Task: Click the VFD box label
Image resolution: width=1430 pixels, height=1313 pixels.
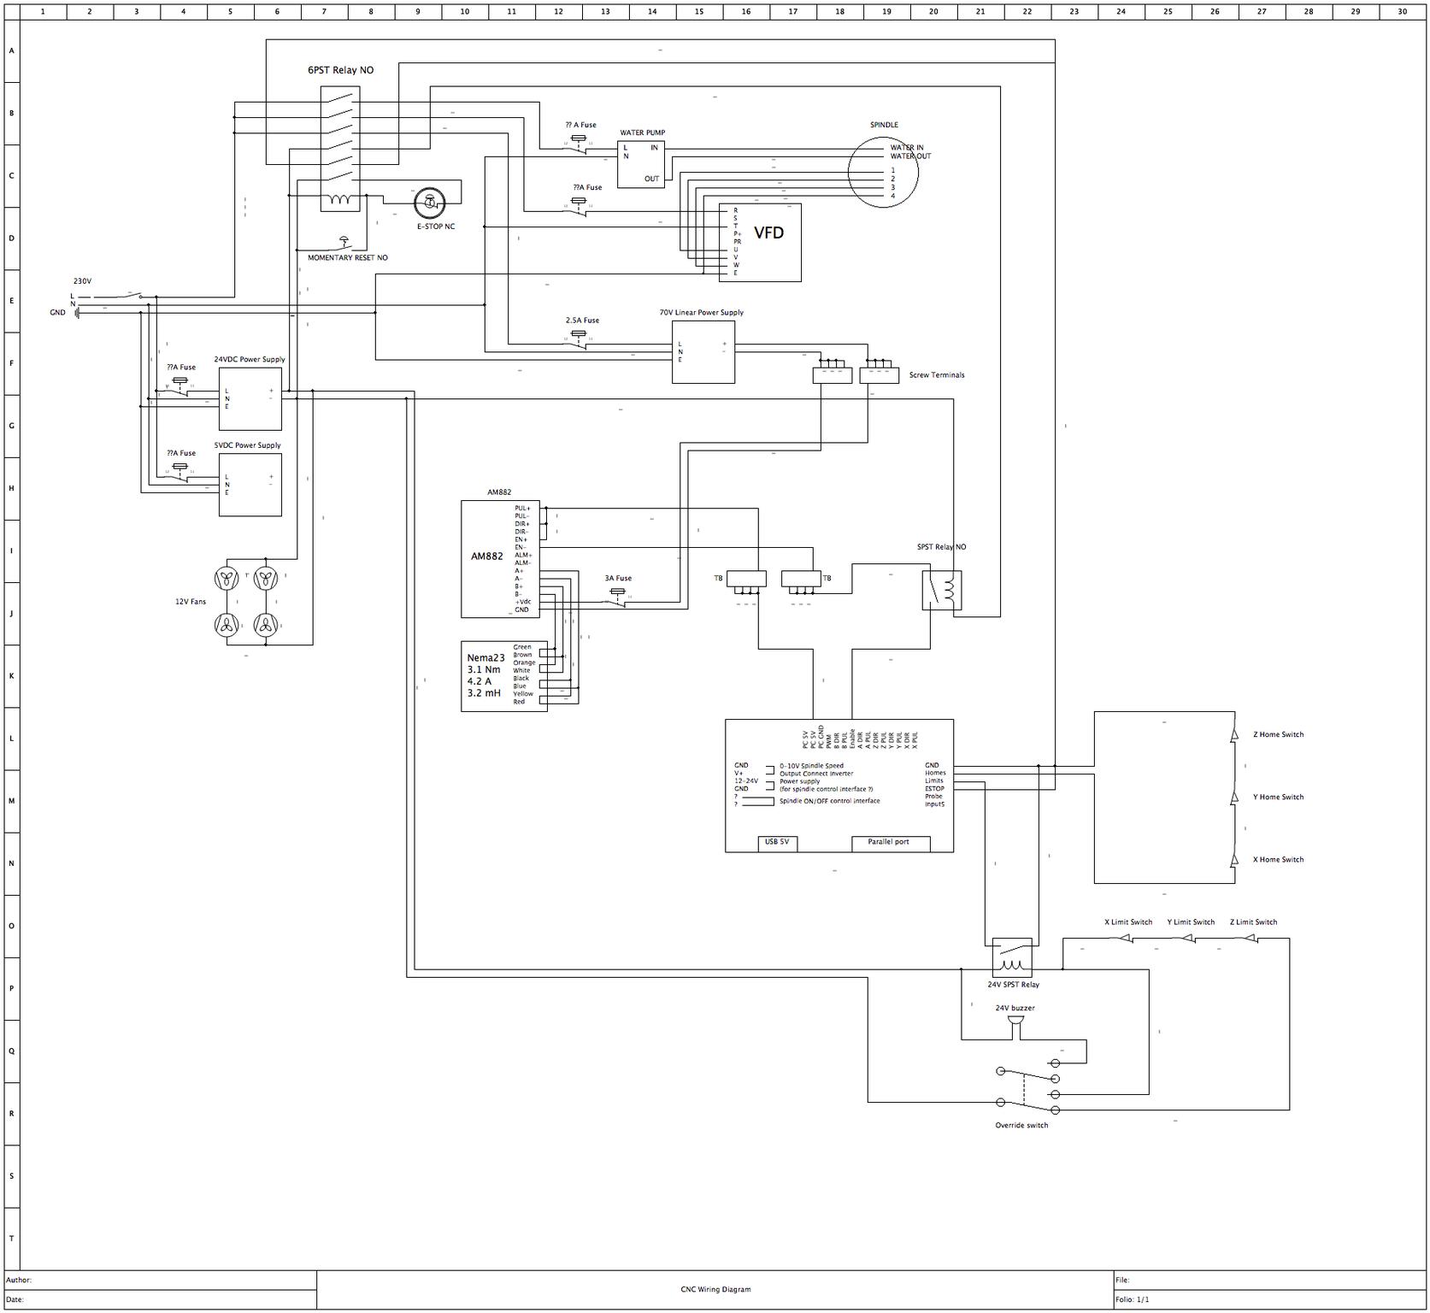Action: (768, 233)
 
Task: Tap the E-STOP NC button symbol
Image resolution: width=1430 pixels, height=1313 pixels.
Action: (429, 203)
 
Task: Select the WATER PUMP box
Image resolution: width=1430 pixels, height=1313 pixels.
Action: (641, 164)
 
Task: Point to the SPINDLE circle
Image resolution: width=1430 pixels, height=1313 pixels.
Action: (883, 172)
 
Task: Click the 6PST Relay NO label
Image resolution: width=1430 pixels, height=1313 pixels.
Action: (340, 70)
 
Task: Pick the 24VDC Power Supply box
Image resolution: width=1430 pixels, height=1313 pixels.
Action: (250, 399)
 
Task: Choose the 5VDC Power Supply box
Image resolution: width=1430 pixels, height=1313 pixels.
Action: (250, 485)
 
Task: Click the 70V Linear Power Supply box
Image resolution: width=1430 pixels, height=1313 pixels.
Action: (703, 351)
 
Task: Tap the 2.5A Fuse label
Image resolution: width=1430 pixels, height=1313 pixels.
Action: (582, 321)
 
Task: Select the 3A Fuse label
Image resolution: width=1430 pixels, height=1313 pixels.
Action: (618, 579)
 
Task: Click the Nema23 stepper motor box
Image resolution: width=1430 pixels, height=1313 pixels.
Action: (503, 676)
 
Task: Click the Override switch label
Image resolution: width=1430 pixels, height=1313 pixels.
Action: (1021, 1125)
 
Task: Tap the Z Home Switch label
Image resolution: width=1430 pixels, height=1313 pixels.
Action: (1278, 734)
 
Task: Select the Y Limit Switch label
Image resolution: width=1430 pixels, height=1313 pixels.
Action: (1191, 922)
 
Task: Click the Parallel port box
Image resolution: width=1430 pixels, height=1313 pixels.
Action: (890, 843)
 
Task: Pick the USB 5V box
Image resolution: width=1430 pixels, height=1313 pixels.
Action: (777, 843)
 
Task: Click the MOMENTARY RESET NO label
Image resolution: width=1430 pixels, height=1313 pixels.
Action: (347, 257)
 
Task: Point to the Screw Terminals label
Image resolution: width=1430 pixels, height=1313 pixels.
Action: (936, 375)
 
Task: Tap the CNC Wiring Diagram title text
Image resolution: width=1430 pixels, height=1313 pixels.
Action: (715, 1289)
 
